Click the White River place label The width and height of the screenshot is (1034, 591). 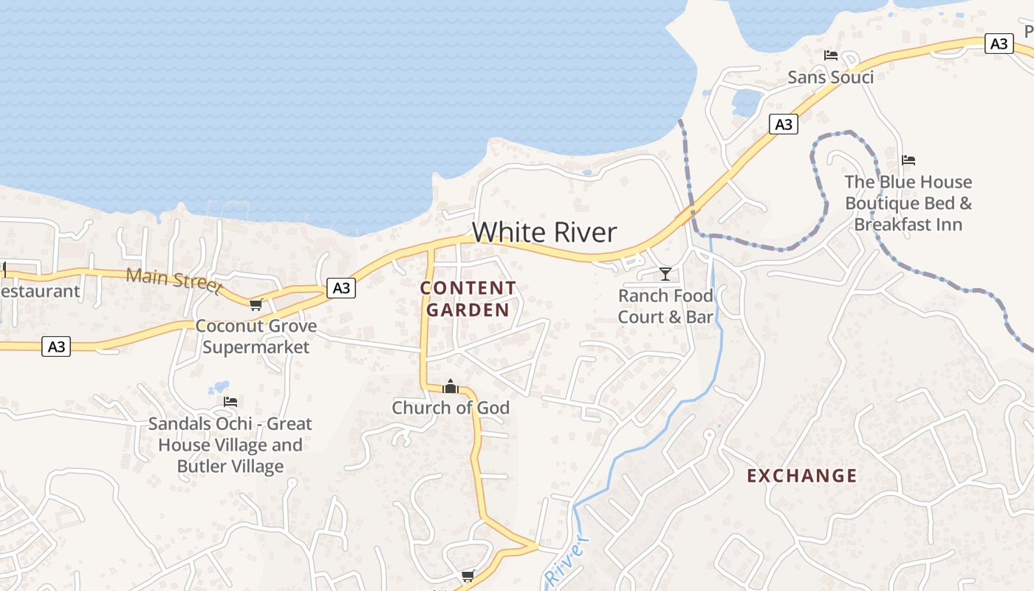pyautogui.click(x=544, y=233)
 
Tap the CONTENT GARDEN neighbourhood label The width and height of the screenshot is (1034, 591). pyautogui.click(x=468, y=299)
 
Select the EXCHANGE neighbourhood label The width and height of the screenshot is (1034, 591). pyautogui.click(x=802, y=476)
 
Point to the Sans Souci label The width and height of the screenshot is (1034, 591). pyautogui.click(x=830, y=77)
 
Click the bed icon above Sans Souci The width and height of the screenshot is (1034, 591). pyautogui.click(x=831, y=55)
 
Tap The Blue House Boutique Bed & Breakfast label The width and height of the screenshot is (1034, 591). pyautogui.click(x=908, y=203)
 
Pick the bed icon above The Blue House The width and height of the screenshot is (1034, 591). pyautogui.click(x=908, y=160)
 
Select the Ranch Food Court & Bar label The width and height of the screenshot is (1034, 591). pyautogui.click(x=665, y=307)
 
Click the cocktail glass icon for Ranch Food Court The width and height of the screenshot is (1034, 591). pyautogui.click(x=665, y=274)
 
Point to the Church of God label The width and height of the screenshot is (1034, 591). pyautogui.click(x=451, y=408)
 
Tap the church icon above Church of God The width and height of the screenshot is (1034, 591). pyautogui.click(x=451, y=386)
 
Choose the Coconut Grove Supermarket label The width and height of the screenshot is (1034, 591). pyautogui.click(x=256, y=336)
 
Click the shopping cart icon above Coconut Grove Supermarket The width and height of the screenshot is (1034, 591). pyautogui.click(x=256, y=304)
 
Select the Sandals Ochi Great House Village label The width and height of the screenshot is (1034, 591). pyautogui.click(x=230, y=445)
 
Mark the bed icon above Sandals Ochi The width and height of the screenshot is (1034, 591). pyautogui.click(x=230, y=402)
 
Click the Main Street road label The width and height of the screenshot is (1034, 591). pyautogui.click(x=174, y=280)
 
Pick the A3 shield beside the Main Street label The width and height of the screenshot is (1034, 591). pyautogui.click(x=341, y=288)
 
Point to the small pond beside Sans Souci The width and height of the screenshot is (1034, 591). pyautogui.click(x=746, y=103)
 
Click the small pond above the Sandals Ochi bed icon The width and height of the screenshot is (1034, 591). pyautogui.click(x=219, y=387)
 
